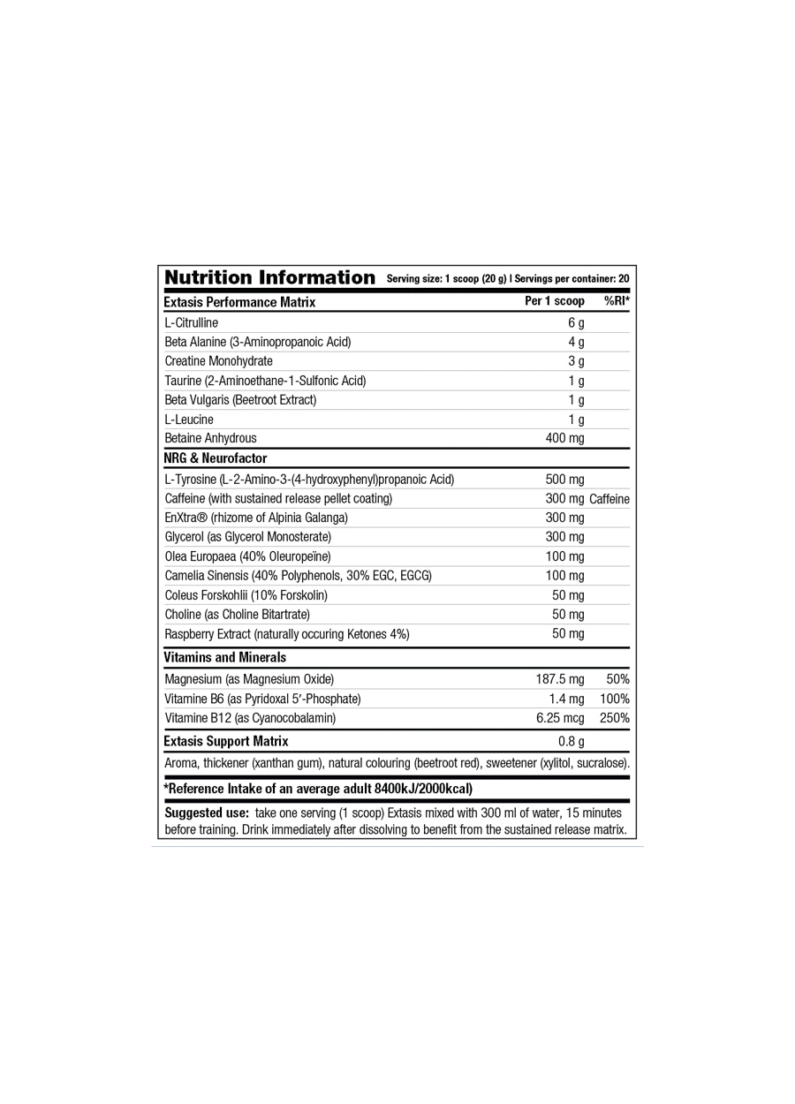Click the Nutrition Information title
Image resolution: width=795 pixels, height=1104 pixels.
(269, 277)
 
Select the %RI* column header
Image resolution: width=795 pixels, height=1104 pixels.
(617, 301)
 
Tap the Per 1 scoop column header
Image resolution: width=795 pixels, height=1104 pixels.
(554, 301)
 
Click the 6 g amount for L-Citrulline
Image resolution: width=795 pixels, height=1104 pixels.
(576, 322)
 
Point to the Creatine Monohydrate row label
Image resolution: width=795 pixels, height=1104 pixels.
(218, 361)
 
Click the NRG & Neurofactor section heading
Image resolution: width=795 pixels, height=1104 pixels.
(215, 458)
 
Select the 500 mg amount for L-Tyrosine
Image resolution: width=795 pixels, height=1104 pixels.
(564, 480)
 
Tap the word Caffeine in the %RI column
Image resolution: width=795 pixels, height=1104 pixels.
(609, 499)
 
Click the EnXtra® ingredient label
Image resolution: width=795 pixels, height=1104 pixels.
(256, 518)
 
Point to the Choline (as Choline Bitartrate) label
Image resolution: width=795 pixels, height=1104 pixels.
(237, 614)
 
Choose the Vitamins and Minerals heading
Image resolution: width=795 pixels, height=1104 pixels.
(224, 657)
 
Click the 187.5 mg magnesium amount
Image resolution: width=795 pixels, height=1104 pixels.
(560, 679)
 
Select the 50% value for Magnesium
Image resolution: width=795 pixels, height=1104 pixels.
(617, 679)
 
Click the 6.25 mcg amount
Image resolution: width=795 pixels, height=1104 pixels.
(560, 718)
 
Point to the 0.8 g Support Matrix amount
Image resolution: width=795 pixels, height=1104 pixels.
(572, 741)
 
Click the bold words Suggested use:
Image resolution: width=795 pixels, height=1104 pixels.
(207, 813)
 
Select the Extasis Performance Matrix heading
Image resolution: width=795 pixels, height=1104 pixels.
(239, 302)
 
